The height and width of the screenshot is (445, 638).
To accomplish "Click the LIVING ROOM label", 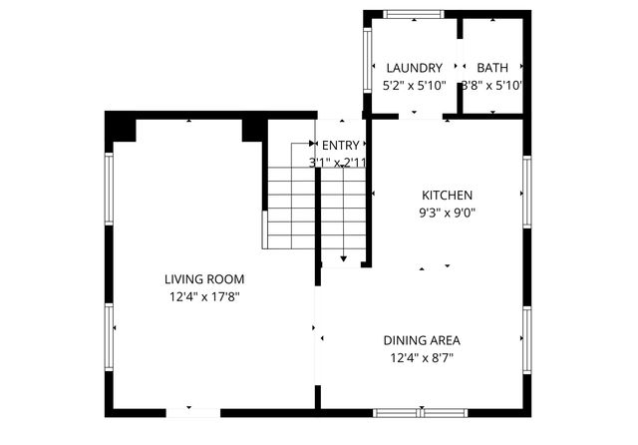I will point(204,279).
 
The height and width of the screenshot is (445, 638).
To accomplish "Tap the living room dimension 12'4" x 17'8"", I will point(204,296).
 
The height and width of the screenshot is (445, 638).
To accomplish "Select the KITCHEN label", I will point(447,196).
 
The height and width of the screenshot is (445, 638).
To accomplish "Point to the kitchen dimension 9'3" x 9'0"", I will point(447,212).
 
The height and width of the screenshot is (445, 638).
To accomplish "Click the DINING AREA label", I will point(425,340).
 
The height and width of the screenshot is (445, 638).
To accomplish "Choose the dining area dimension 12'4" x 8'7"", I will point(425,357).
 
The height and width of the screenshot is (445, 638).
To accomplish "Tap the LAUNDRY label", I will point(414,68).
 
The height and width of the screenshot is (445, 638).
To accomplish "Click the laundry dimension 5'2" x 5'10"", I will point(414,86).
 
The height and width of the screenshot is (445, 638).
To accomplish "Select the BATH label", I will point(491,68).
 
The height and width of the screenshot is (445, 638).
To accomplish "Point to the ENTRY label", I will point(340,146).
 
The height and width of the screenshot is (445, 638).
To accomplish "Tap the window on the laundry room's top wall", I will point(415,14).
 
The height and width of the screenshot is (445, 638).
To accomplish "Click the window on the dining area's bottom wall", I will point(422,412).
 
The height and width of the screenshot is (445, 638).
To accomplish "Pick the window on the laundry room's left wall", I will point(367,57).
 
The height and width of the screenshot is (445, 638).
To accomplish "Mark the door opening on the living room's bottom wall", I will point(192,412).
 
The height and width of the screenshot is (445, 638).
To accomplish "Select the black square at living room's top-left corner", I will point(123,128).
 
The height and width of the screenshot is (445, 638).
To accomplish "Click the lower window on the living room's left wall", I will point(110,336).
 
